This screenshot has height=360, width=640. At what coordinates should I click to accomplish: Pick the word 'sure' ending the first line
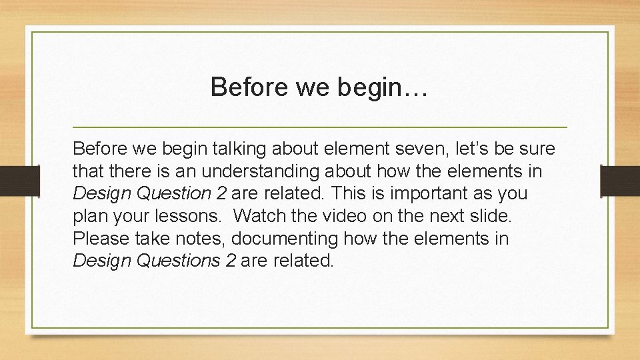[x=537, y=148]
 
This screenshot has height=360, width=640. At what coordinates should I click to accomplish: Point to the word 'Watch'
[x=261, y=216]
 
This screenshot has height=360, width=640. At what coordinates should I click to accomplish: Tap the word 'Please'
[x=99, y=238]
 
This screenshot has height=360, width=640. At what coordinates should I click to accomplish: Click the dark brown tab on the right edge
[x=619, y=181]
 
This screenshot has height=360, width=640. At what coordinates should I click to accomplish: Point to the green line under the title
[x=320, y=127]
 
